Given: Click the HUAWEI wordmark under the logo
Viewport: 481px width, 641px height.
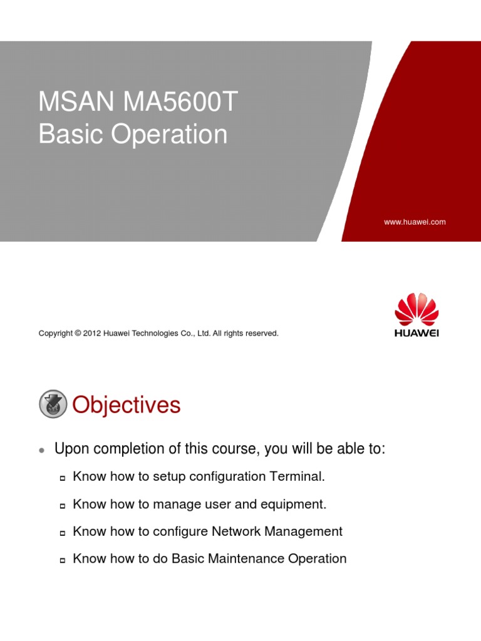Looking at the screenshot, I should pos(416,333).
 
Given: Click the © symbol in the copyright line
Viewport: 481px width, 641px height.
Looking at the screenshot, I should pos(78,334).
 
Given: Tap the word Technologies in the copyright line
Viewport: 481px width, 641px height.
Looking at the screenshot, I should pos(165,334).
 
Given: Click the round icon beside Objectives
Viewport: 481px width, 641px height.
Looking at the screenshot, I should pos(53,404).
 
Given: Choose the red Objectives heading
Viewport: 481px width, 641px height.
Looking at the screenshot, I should pos(127,405).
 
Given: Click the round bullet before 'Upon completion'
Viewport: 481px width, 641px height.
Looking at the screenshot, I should pos(41,450).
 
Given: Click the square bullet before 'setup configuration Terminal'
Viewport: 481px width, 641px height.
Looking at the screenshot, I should pos(63,478).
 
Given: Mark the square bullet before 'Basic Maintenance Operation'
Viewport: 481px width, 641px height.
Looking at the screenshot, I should pos(63,560).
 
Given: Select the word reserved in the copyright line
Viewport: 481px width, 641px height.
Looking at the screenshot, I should pos(262,334).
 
